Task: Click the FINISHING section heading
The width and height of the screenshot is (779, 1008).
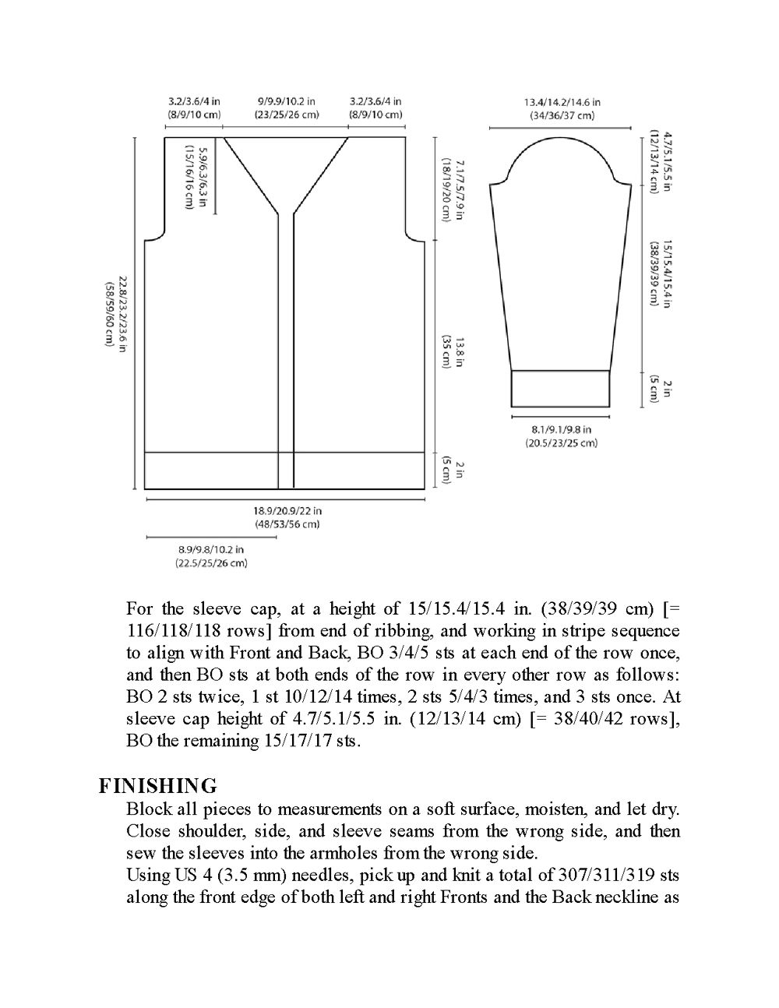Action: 158,785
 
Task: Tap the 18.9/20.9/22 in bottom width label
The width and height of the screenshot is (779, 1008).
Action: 287,512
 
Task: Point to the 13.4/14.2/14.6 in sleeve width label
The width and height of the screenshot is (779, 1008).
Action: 562,102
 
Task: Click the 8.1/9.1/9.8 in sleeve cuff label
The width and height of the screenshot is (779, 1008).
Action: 561,429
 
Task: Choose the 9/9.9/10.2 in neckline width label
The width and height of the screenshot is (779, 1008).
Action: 286,101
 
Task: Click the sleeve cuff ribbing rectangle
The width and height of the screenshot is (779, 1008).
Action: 560,388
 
